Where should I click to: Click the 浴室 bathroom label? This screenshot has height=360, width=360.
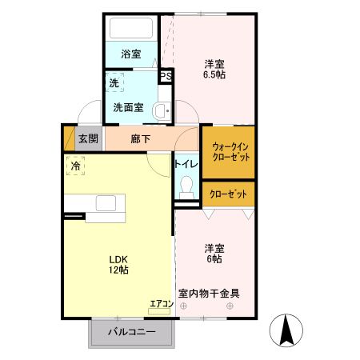pyautogui.click(x=130, y=54)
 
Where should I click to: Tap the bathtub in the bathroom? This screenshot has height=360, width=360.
pyautogui.click(x=130, y=29)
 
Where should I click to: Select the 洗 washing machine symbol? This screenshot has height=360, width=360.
pyautogui.click(x=116, y=82)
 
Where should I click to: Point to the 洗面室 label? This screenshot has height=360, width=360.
pyautogui.click(x=128, y=107)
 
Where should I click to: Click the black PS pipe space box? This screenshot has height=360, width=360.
pyautogui.click(x=166, y=77)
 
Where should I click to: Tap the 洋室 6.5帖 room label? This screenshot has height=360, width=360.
pyautogui.click(x=213, y=70)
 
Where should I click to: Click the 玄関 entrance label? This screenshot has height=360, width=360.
pyautogui.click(x=88, y=138)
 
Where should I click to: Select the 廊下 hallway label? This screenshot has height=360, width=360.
pyautogui.click(x=140, y=138)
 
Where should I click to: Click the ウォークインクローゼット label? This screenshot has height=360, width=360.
pyautogui.click(x=230, y=152)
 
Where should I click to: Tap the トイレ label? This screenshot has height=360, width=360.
pyautogui.click(x=186, y=164)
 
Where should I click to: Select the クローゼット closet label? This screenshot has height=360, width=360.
pyautogui.click(x=228, y=194)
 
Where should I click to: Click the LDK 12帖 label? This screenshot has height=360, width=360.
pyautogui.click(x=118, y=264)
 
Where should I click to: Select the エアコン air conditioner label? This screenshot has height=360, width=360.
pyautogui.click(x=160, y=303)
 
